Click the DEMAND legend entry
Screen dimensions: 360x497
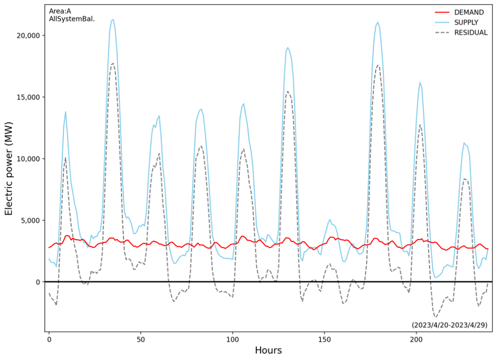pos(468,12)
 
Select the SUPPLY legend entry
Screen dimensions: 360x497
pos(466,22)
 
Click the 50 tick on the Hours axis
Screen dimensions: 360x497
pos(141,339)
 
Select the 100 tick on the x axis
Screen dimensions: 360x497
pos(232,339)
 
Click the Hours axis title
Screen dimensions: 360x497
pos(268,350)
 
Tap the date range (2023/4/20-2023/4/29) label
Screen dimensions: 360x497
pos(449,325)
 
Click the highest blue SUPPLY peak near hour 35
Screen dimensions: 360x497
pos(113,20)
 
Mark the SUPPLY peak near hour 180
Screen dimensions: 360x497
pos(378,22)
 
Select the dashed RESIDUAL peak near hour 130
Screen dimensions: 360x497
pos(287,91)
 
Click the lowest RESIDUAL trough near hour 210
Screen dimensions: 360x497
pos(436,316)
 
